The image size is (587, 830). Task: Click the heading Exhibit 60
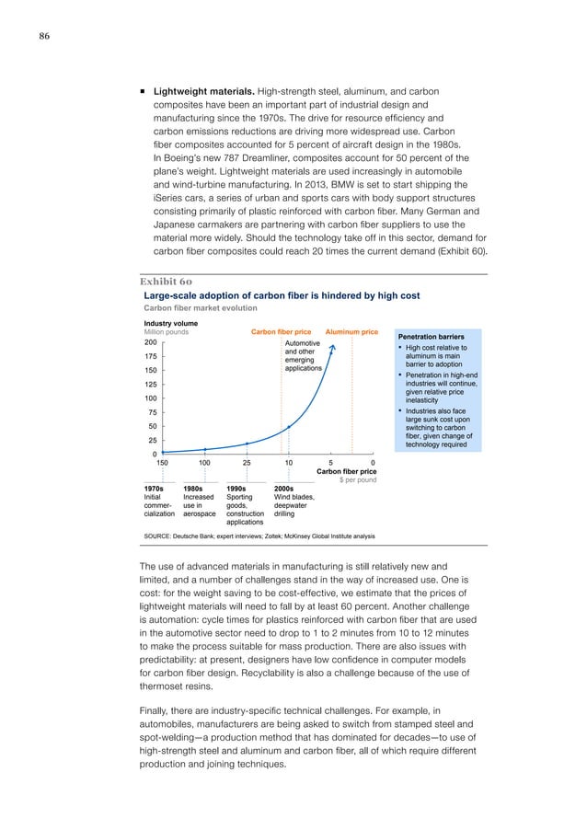(x=167, y=281)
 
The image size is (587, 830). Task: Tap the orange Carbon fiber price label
(x=281, y=331)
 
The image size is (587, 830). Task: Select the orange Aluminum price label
(x=352, y=331)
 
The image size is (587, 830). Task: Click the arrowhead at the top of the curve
(x=333, y=347)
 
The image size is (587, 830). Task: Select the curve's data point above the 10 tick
(x=289, y=427)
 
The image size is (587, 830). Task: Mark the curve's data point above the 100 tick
(x=204, y=449)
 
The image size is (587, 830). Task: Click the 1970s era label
(x=155, y=490)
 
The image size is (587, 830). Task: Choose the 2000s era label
(x=284, y=490)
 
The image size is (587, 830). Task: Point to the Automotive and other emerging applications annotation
(x=304, y=354)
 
